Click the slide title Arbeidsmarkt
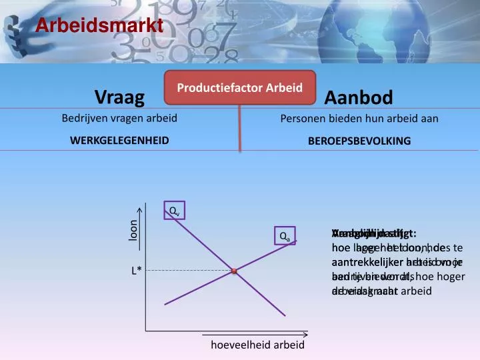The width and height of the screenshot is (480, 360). coord(99,26)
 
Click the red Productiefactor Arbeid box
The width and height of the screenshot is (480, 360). coord(240,88)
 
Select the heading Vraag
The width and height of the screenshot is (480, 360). coord(119,97)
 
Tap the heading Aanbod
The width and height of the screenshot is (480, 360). coord(359,97)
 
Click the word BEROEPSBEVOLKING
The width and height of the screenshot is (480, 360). coord(359,141)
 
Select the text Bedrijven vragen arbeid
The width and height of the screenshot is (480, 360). coord(119,119)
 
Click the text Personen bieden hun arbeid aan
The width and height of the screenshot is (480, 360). coord(359,119)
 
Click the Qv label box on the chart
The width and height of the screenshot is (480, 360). coord(173,211)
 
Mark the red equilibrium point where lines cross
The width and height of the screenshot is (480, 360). coord(235,271)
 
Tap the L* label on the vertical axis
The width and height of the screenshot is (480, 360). coord(136,271)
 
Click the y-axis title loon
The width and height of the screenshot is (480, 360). coord(133,231)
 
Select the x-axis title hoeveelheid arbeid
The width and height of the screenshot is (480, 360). coord(257,345)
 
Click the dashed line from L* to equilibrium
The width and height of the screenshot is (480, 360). coord(190,271)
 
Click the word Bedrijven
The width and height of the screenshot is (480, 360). coord(82,119)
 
